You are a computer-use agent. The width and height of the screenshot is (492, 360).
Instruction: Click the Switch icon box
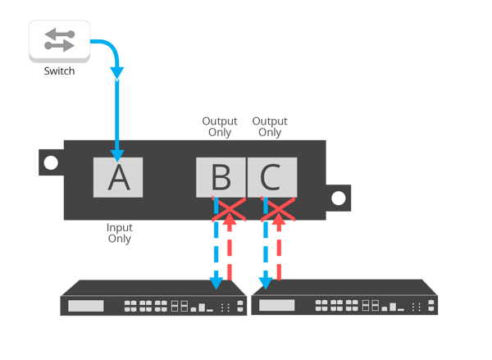click(59, 41)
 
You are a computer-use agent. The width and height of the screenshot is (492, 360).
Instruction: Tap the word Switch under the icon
click(59, 71)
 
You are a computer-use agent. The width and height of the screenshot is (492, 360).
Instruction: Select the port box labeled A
click(118, 177)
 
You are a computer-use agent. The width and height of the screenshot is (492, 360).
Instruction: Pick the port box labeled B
click(221, 177)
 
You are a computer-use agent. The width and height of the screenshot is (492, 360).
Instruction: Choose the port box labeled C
click(272, 177)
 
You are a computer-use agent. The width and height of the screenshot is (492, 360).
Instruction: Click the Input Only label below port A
click(120, 233)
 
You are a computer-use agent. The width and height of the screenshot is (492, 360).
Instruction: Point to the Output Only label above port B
click(220, 126)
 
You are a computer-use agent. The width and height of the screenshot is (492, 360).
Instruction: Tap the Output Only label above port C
click(270, 126)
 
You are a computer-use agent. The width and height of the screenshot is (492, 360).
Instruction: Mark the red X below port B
click(229, 209)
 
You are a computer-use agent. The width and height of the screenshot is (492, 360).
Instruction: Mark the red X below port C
click(278, 209)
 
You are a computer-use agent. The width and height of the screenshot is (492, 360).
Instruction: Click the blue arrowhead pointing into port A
click(117, 156)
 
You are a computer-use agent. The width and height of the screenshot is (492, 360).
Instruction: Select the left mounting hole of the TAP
click(51, 162)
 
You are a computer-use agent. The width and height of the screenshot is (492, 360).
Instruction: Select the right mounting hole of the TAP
click(338, 198)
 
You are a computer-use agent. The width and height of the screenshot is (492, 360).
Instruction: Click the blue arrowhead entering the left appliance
click(216, 284)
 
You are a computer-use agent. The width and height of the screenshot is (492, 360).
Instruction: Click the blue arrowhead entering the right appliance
click(266, 284)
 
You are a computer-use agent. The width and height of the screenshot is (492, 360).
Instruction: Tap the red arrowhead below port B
click(230, 218)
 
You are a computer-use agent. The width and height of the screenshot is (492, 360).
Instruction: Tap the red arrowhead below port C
click(279, 218)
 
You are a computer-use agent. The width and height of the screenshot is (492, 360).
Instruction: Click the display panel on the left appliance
click(85, 306)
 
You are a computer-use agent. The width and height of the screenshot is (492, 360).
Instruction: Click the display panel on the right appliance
click(277, 305)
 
